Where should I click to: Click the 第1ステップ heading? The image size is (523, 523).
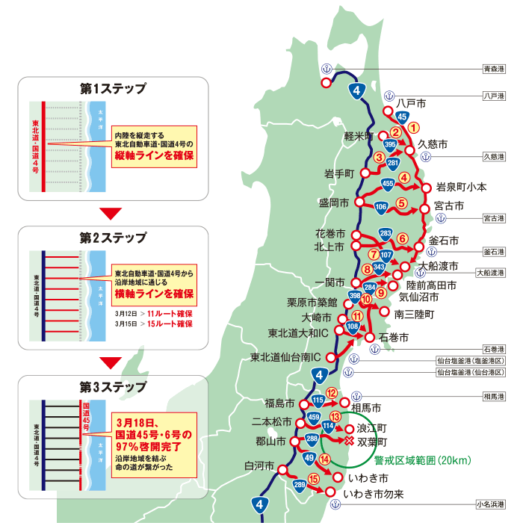(x=113, y=88)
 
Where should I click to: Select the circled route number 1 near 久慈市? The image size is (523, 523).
(x=415, y=127)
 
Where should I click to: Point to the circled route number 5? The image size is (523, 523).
(x=401, y=202)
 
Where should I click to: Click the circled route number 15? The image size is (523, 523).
(x=315, y=478)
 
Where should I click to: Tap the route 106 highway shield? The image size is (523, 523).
(x=381, y=207)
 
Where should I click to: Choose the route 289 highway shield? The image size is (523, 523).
(x=299, y=487)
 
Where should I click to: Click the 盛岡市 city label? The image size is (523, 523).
(x=335, y=202)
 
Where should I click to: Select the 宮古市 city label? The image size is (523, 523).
(x=450, y=205)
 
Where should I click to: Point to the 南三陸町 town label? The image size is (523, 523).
(x=414, y=315)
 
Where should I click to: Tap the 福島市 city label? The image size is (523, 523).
(x=281, y=403)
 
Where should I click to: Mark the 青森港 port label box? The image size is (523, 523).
(x=493, y=68)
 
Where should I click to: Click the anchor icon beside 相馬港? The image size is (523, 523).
(x=356, y=395)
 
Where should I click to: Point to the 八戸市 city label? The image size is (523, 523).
(x=412, y=102)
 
